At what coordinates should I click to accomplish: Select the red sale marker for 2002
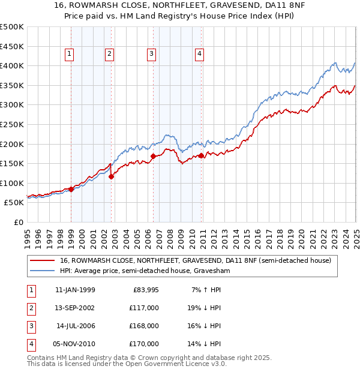point(112,176)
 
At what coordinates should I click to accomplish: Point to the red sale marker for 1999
point(71,189)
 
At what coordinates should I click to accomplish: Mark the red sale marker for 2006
point(153,157)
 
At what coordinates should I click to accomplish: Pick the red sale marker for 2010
point(201,155)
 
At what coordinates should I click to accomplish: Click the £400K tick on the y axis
point(12,65)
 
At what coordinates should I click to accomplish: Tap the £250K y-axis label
point(12,124)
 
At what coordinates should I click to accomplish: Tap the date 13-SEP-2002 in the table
point(75,307)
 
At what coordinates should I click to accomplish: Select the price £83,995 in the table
point(145,290)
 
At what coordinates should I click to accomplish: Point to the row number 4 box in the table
point(30,344)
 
